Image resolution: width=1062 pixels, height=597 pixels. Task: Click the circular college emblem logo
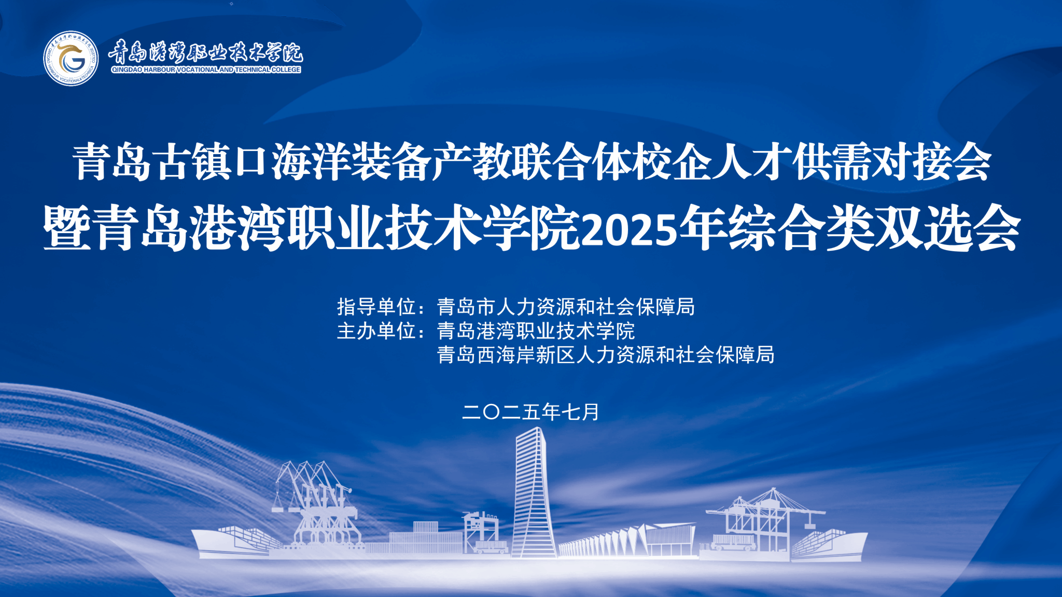tap(71, 58)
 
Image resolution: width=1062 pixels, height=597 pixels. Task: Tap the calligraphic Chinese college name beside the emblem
tap(205, 52)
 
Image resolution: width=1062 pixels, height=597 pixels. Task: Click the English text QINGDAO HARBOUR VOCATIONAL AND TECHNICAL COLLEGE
tap(206, 70)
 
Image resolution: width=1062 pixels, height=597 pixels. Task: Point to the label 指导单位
tap(376, 307)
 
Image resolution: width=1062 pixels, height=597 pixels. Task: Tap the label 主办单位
tap(376, 331)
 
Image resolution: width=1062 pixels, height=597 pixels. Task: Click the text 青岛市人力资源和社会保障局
tap(566, 307)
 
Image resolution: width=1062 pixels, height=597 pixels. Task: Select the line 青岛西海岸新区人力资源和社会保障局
tap(606, 355)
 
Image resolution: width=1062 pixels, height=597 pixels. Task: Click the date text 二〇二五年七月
tap(530, 412)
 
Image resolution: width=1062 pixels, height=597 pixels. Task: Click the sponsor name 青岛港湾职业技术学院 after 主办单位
tap(536, 331)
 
